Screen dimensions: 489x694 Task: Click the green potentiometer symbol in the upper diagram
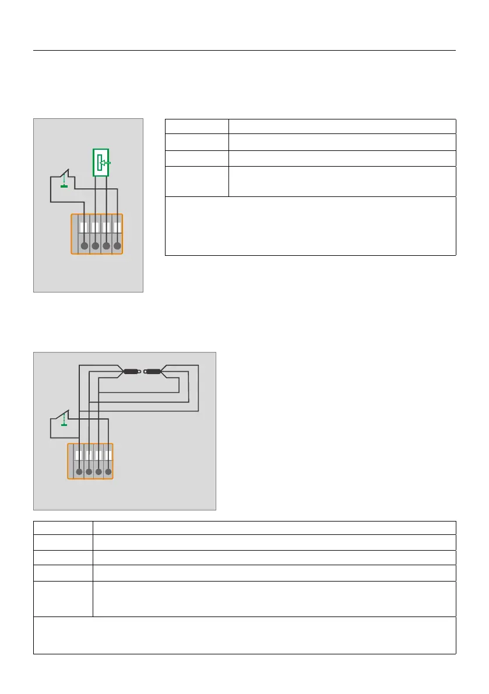pos(101,163)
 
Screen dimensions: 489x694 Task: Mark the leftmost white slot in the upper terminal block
pos(84,227)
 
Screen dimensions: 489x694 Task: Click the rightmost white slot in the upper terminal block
pos(117,227)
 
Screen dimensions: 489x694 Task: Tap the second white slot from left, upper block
pos(95,227)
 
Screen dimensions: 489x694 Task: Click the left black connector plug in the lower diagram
pos(131,371)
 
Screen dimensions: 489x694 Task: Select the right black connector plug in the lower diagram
pos(153,371)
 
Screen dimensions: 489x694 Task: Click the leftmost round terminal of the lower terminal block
pos(79,472)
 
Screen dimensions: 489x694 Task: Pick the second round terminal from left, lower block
pos(89,472)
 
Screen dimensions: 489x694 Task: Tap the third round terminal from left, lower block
pos(98,472)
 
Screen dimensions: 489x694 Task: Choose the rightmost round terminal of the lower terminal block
pos(108,472)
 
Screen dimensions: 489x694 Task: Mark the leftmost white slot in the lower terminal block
pos(79,455)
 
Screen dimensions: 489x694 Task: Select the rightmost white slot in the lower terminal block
pos(108,455)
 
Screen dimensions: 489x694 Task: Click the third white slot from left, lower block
pos(98,455)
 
